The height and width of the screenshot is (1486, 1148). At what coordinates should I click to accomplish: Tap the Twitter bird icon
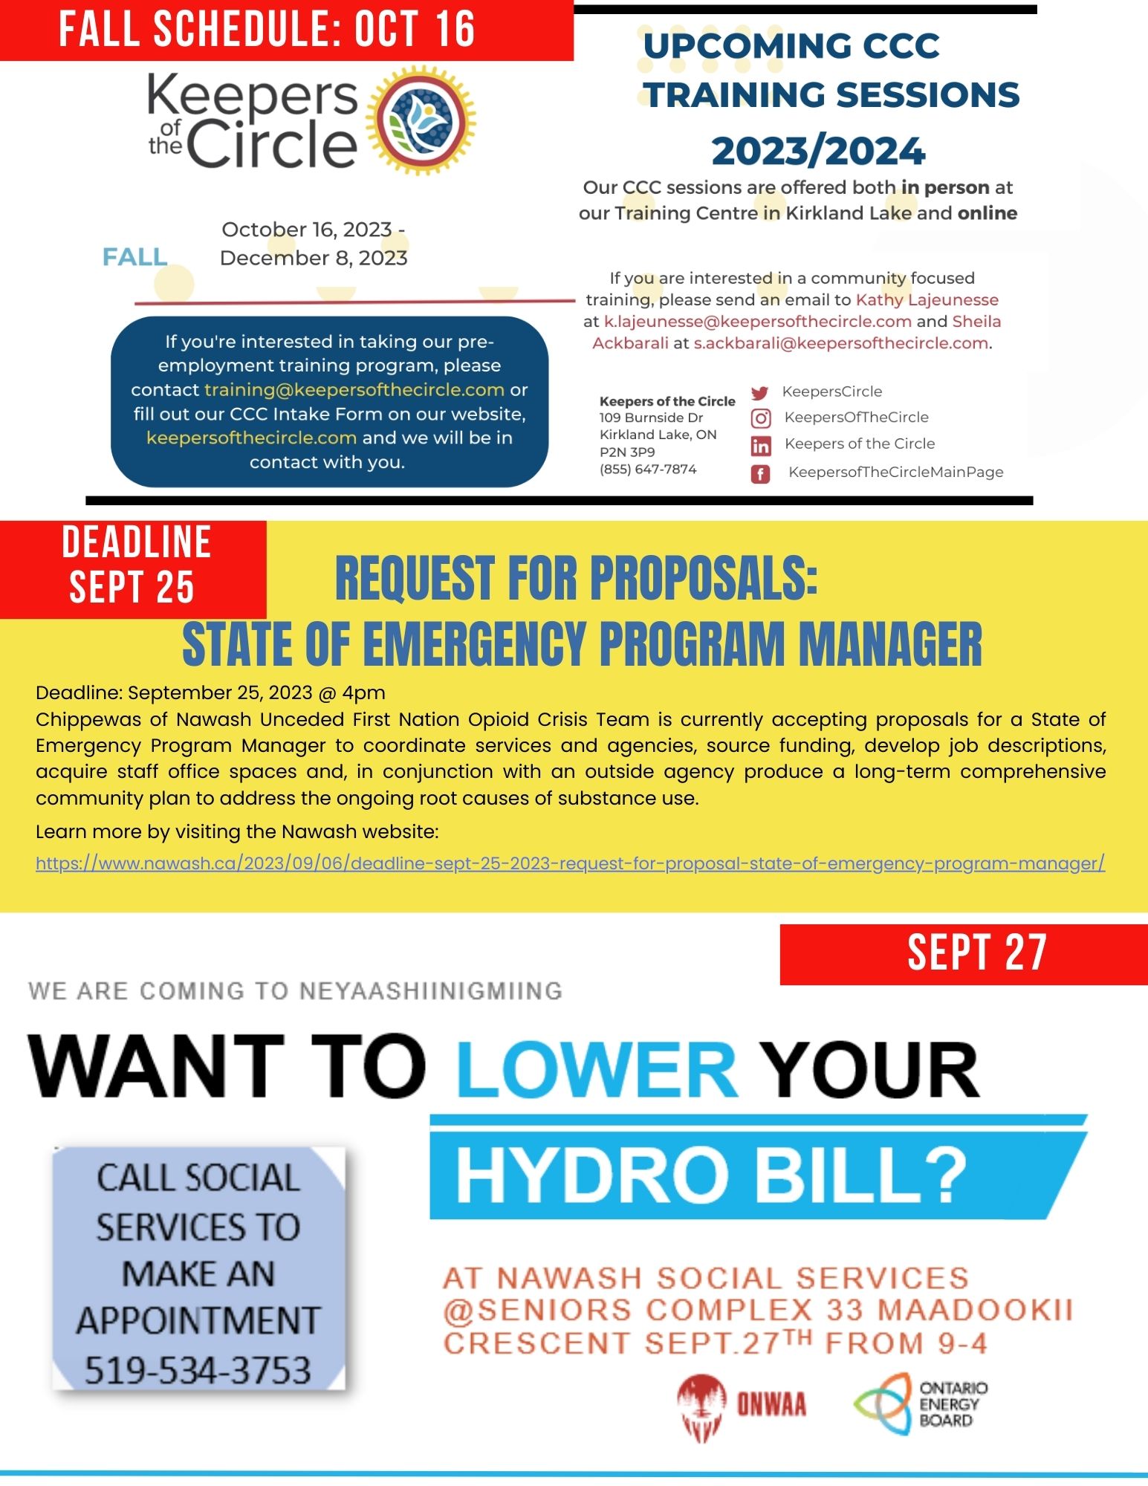point(759,393)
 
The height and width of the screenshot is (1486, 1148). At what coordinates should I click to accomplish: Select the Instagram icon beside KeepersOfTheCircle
point(761,419)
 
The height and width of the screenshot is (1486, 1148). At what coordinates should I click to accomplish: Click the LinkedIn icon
point(761,446)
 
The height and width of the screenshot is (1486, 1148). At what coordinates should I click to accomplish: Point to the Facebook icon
point(760,473)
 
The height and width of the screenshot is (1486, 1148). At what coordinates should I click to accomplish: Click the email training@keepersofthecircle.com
point(354,389)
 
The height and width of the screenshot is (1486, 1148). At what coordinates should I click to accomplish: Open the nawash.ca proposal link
point(570,863)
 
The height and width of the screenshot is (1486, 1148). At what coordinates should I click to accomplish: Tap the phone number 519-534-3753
point(197,1369)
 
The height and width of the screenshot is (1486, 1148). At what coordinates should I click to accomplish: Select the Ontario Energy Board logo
point(920,1404)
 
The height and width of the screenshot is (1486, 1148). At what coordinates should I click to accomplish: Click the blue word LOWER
point(597,1069)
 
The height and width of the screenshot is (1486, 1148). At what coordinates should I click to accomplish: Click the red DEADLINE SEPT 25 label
point(133,565)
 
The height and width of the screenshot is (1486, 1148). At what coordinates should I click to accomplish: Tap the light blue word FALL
point(134,257)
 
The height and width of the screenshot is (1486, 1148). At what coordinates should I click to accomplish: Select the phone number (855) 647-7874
point(648,469)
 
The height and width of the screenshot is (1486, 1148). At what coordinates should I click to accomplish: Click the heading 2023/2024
point(818,151)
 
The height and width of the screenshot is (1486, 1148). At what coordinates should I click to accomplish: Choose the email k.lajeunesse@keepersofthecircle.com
point(757,322)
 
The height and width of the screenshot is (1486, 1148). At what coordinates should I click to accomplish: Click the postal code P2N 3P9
point(627,452)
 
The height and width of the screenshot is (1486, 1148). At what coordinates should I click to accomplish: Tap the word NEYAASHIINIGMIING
point(430,990)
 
